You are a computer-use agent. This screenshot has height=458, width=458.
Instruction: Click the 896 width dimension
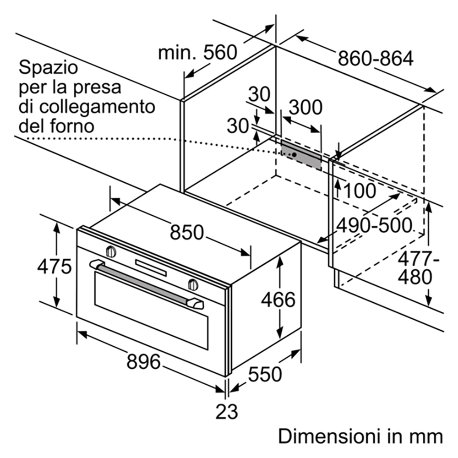pos(143,361)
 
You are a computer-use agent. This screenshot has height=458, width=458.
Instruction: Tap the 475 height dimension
pos(55,266)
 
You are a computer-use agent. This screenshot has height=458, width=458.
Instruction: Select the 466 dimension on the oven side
pos(278,300)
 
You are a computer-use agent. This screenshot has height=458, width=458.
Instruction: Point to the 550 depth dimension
pos(265,374)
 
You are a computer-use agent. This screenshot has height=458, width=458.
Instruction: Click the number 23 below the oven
pos(227,412)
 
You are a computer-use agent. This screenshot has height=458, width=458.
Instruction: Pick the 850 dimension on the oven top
pos(187,232)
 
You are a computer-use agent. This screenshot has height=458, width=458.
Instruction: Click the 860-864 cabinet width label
pos(376,58)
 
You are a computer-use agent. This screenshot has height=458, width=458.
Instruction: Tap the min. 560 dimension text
pos(198,53)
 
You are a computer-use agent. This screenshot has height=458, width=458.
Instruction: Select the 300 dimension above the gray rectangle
pos(305,107)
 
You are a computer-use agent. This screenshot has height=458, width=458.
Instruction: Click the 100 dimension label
pos(360,191)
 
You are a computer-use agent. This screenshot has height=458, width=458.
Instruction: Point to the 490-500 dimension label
pos(374,225)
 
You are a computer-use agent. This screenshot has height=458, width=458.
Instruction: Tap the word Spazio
pos(48,67)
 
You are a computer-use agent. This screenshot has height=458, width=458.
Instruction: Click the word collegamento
pos(97,107)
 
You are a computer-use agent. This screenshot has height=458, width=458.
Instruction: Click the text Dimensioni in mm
pos(360,436)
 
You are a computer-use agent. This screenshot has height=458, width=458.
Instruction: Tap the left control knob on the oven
pos(111,251)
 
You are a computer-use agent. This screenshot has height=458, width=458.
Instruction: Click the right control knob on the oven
pos(193,284)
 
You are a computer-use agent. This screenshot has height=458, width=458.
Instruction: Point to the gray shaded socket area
pos(301,155)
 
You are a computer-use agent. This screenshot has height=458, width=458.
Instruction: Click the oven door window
pos(151,310)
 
